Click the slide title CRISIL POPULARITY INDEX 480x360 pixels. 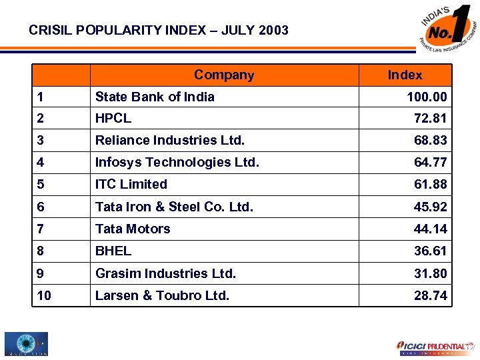coord(159,30)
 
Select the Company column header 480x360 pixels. coord(223,75)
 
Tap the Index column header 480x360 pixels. coord(405,75)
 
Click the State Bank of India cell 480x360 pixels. coord(155,97)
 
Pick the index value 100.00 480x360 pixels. coord(427,97)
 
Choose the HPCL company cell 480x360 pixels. coord(113,119)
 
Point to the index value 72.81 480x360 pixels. coord(430,119)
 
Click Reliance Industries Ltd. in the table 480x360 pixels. coord(169,141)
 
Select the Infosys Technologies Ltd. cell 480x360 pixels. coord(177,162)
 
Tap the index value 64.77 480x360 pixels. coord(430,163)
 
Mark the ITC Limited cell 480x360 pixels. coord(131,184)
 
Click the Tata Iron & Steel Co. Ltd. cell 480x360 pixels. coord(174,207)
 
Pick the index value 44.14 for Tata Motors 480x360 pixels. coord(430,229)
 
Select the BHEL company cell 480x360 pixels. coord(113,251)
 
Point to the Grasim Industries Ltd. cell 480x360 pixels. coord(165,273)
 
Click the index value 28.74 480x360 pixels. coord(430,295)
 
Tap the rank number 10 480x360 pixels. coord(44,295)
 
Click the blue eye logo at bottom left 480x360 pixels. coord(26,344)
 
